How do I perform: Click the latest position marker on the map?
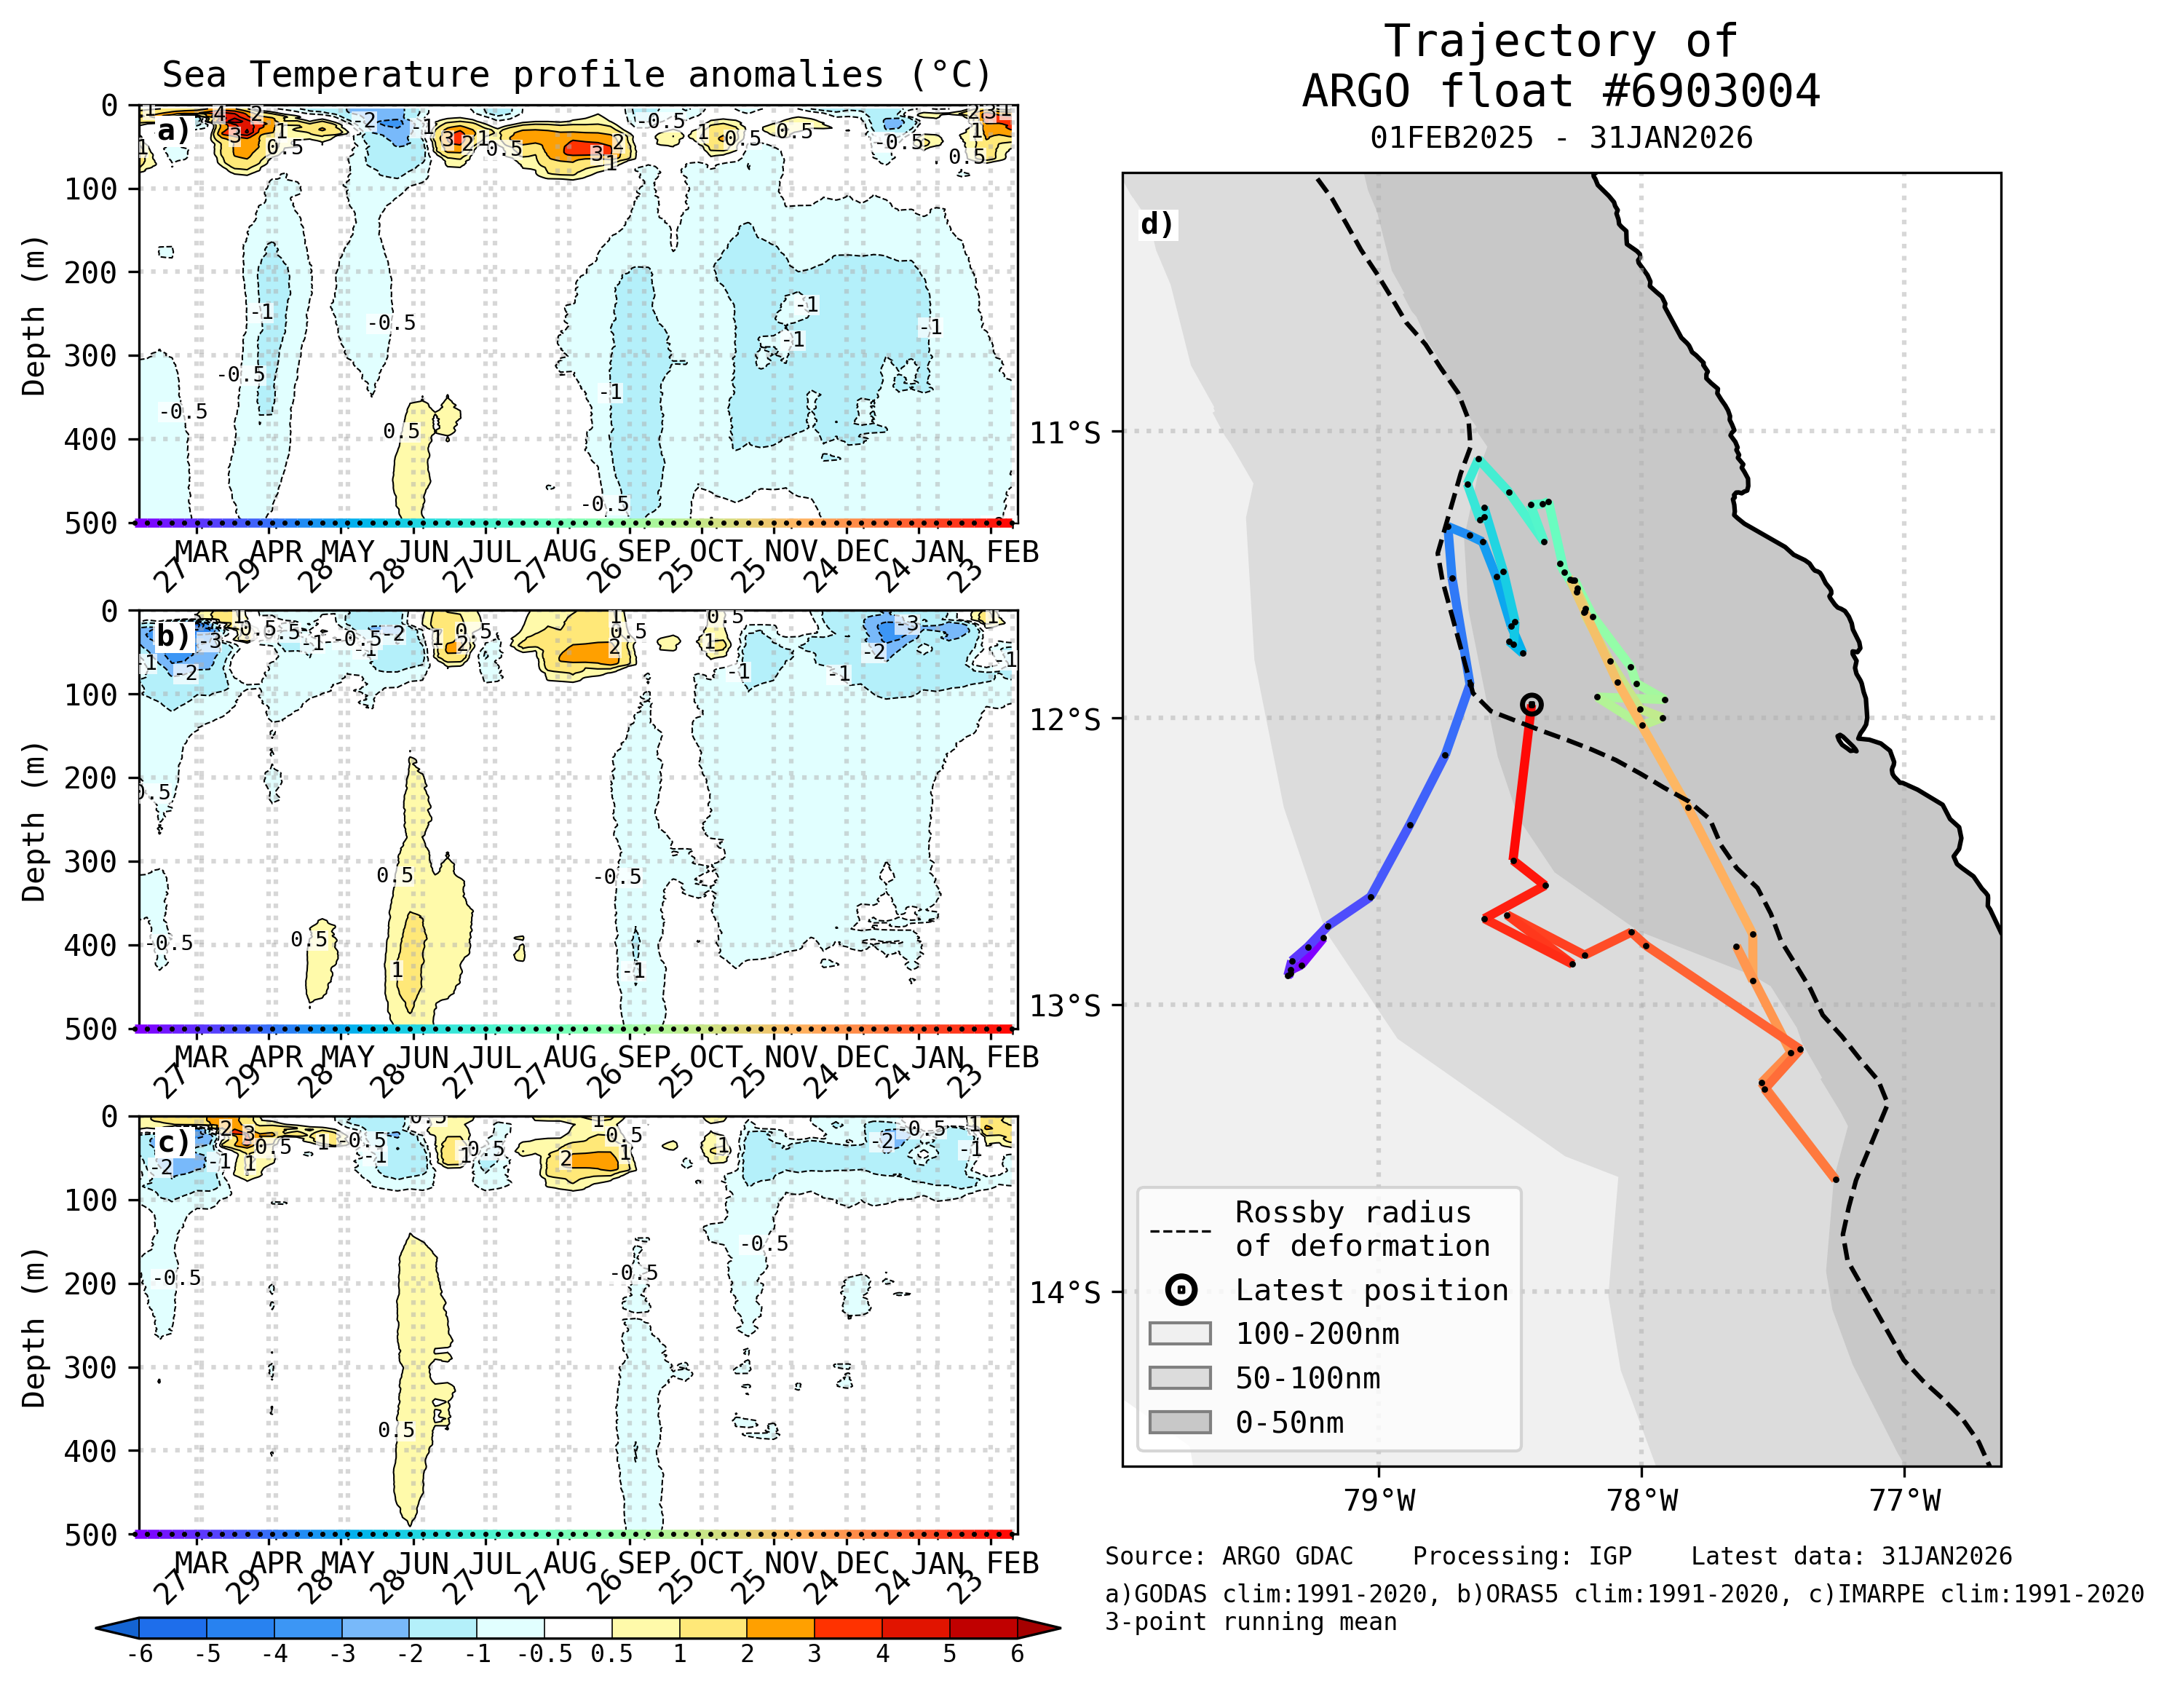click(x=1531, y=705)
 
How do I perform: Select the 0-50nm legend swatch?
click(x=1180, y=1422)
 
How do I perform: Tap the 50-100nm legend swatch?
click(x=1180, y=1377)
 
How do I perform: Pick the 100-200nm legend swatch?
click(x=1180, y=1334)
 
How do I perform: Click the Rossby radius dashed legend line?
click(x=1180, y=1232)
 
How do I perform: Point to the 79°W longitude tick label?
click(x=1379, y=1500)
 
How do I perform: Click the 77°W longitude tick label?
click(x=1904, y=1500)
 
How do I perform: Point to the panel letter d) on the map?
click(x=1157, y=224)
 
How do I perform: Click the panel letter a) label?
click(x=173, y=131)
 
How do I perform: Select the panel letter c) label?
click(x=173, y=1142)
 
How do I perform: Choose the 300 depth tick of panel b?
click(x=91, y=861)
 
